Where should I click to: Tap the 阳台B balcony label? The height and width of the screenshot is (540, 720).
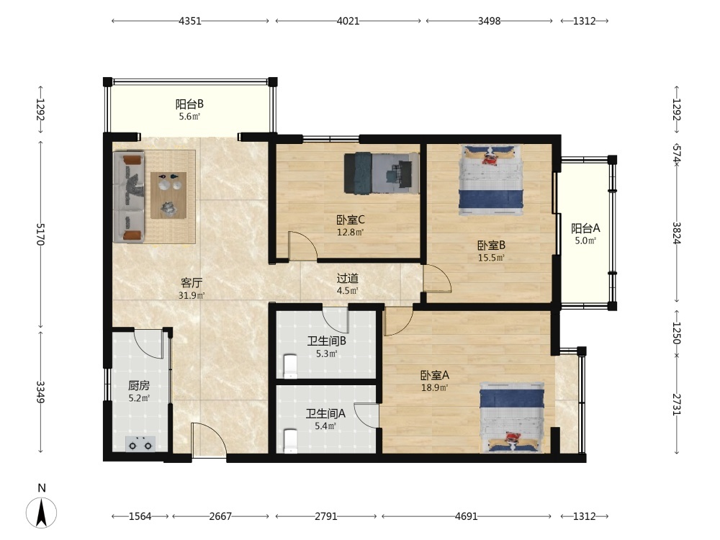[189, 104]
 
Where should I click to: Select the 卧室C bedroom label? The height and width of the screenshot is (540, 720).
[351, 220]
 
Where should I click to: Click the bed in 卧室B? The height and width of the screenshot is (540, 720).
[491, 180]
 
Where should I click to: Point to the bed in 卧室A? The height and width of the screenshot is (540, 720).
[512, 417]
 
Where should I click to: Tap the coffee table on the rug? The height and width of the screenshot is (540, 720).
[168, 195]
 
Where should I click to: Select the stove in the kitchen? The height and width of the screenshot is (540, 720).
[140, 444]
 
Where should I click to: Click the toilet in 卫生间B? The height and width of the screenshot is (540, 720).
[291, 366]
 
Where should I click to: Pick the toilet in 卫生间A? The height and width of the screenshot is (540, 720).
[291, 441]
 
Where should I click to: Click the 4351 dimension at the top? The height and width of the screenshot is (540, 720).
[190, 21]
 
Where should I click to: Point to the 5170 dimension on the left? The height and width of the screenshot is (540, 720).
[41, 234]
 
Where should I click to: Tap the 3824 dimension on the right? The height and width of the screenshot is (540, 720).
[677, 233]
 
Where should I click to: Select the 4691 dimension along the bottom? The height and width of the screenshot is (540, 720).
[466, 516]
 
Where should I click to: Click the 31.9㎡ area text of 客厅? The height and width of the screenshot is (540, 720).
[192, 296]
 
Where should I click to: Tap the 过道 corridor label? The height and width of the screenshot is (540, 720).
[348, 278]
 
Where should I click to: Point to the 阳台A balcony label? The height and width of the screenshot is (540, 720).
[585, 228]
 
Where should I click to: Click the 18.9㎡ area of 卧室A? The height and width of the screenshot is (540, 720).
[435, 387]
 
